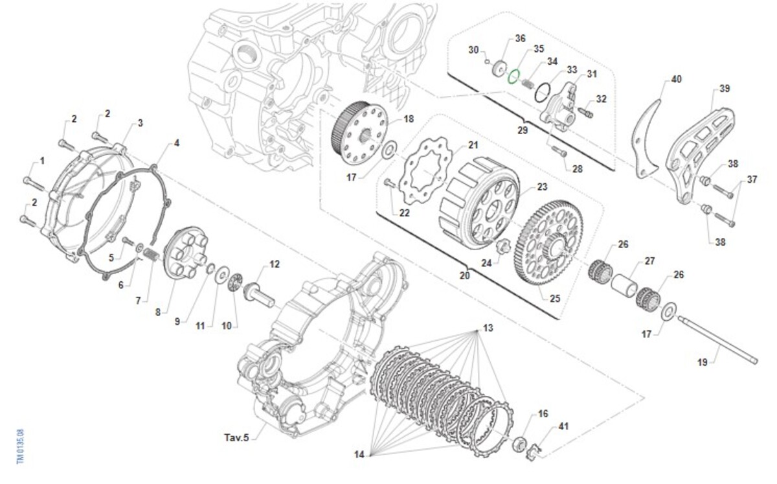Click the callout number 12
[x=275, y=264]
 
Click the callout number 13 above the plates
[x=488, y=328]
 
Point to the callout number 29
[x=522, y=130]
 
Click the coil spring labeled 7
[x=150, y=255]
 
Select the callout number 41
[x=563, y=426]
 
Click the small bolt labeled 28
[x=558, y=152]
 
